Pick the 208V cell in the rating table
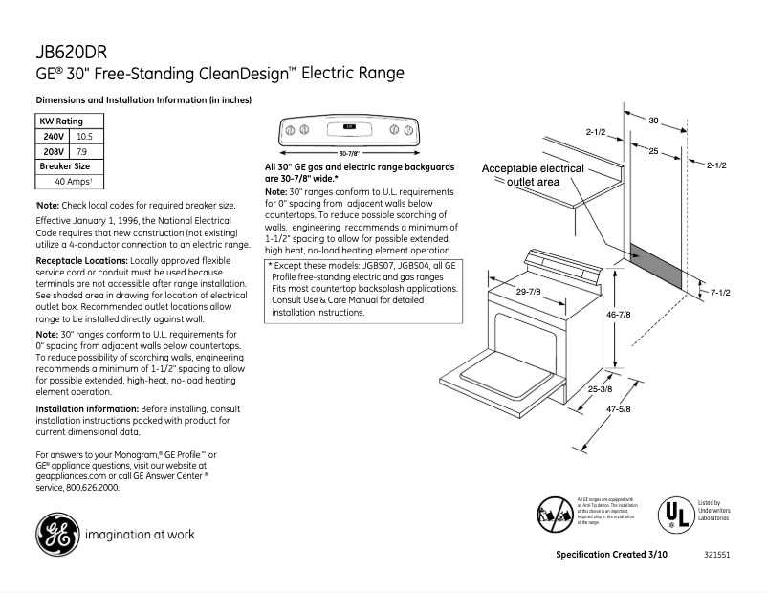[54, 151]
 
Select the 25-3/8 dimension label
[600, 389]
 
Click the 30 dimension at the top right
[654, 121]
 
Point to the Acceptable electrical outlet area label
[532, 175]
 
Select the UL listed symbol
[673, 515]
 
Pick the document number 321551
[716, 556]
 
